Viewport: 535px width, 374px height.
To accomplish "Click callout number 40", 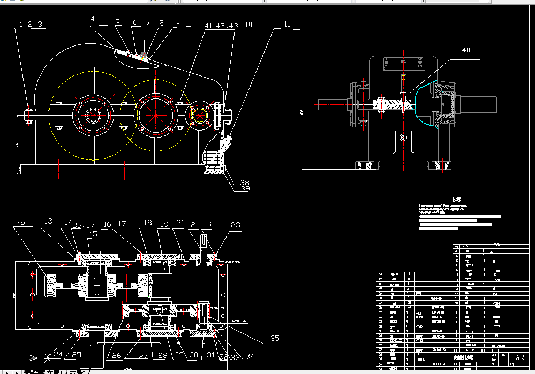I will tap(466, 50).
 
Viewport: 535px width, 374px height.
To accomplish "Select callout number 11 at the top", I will tap(288, 25).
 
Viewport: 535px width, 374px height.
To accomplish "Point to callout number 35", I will tap(275, 338).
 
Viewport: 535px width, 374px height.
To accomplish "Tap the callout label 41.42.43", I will tap(221, 26).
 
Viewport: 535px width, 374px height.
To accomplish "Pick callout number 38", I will tap(245, 181).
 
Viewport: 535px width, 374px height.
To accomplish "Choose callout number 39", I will tap(245, 188).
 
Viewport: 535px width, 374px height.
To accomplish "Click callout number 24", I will tap(58, 354).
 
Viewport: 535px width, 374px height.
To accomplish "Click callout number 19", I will tap(164, 224).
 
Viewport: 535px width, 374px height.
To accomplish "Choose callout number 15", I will tap(93, 234).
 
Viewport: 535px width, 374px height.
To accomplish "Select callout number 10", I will tap(248, 25).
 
